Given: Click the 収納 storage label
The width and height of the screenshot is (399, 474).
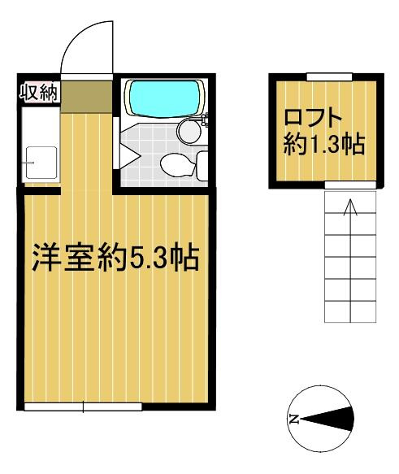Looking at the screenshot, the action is [x=38, y=93].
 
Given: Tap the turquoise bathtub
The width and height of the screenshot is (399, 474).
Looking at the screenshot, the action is [x=165, y=98].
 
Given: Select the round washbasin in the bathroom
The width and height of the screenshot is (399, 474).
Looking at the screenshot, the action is [x=189, y=131].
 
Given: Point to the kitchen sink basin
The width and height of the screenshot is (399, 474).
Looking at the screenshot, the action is [x=41, y=163].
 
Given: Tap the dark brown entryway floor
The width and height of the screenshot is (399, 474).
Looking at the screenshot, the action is [x=86, y=96].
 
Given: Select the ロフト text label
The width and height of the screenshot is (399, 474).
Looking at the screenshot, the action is [x=312, y=118].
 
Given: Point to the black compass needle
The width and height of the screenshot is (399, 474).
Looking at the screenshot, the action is [x=327, y=419].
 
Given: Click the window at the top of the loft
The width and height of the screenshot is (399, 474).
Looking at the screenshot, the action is [x=330, y=76].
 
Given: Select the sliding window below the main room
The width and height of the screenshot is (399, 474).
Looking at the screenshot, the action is [x=83, y=407].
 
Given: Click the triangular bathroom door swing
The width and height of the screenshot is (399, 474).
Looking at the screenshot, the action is [x=129, y=155].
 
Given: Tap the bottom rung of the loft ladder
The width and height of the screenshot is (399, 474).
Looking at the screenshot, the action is [x=350, y=311].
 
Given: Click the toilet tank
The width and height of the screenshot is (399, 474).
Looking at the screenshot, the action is [x=202, y=166].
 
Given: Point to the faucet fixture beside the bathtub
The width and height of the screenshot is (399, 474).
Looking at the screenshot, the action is [x=206, y=119].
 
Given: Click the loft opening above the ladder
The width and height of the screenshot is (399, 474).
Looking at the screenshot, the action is [x=350, y=185].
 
